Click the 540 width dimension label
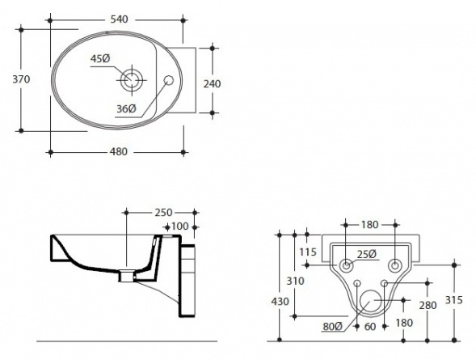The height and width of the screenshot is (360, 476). click(119, 19)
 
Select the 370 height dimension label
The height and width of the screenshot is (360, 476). click(21, 79)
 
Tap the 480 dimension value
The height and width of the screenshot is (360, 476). click(118, 151)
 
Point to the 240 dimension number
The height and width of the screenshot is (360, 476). click(212, 83)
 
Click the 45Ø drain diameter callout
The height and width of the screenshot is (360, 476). click(100, 58)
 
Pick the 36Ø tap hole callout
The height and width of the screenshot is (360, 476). click(126, 108)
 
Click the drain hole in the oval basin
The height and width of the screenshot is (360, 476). click(132, 80)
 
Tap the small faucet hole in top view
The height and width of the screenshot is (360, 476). click(168, 80)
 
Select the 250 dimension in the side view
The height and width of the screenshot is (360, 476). click(163, 213)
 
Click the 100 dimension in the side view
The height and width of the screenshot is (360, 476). click(180, 227)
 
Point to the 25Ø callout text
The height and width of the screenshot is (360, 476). click(367, 254)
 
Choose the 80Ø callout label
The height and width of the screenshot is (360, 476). click(333, 327)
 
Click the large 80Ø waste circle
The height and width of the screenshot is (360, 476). click(370, 300)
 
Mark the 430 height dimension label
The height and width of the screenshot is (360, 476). click(280, 302)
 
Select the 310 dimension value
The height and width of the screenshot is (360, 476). click(295, 281)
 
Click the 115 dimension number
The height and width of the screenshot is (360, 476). click(308, 252)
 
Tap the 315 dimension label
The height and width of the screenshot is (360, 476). click(454, 300)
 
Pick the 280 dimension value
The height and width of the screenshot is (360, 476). click(428, 305)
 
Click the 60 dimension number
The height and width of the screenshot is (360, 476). click(370, 327)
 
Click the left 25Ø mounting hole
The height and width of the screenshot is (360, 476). click(346, 265)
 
